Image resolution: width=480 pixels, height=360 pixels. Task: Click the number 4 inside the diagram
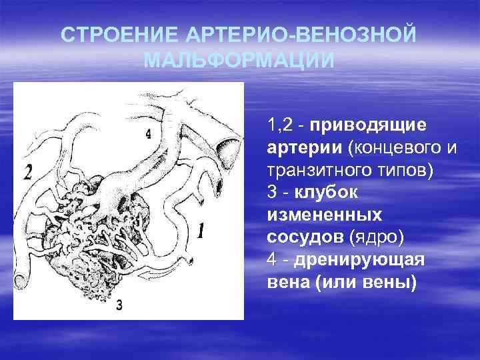tap(148, 133)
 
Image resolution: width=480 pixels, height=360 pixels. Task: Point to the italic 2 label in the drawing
tap(27, 172)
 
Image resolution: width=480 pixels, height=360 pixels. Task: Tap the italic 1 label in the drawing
tap(201, 231)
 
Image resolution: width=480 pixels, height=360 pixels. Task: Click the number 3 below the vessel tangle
tap(119, 305)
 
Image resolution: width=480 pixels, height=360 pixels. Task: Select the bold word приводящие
tap(369, 125)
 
